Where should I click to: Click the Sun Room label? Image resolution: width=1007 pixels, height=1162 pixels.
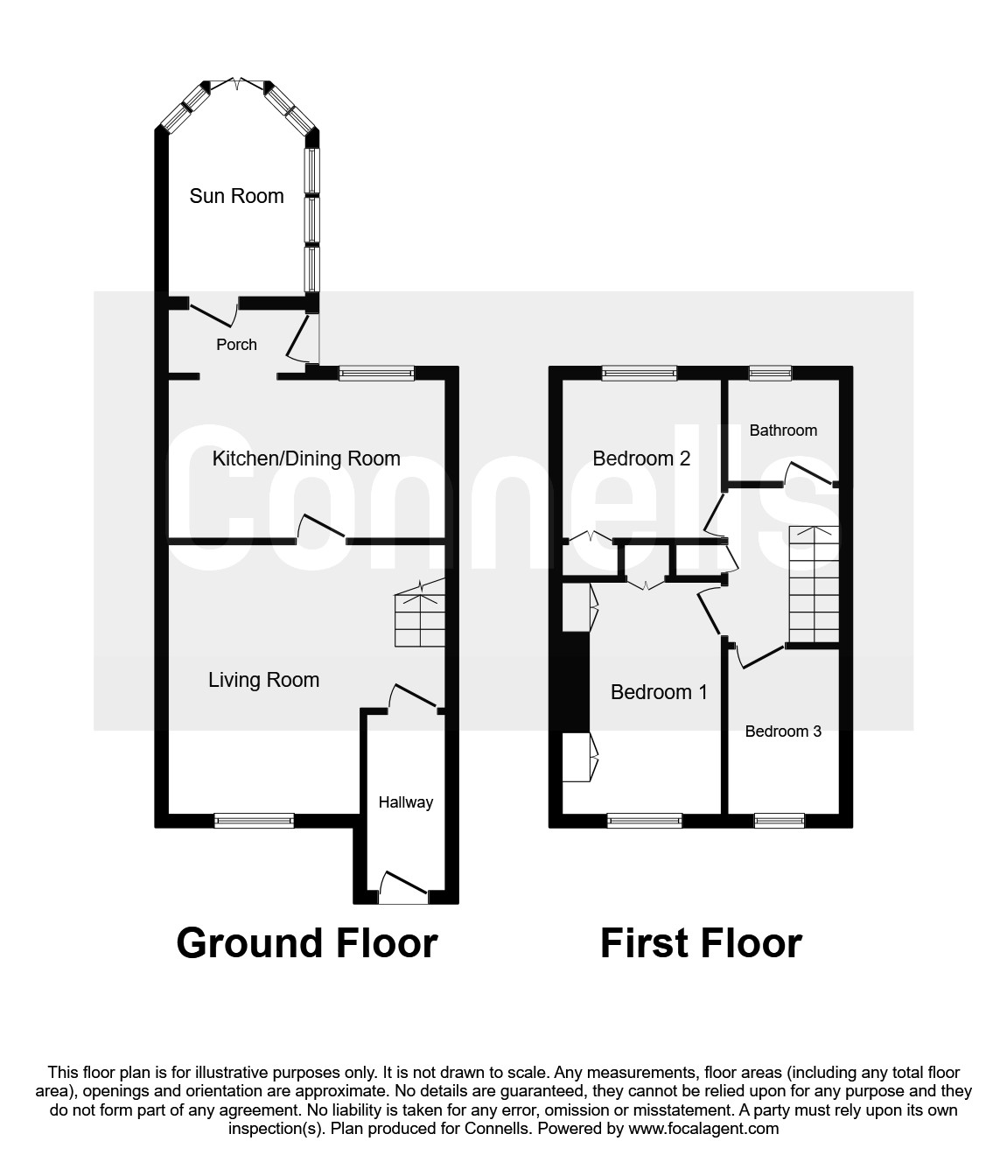pyautogui.click(x=236, y=196)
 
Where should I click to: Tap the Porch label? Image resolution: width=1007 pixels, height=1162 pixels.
pyautogui.click(x=236, y=345)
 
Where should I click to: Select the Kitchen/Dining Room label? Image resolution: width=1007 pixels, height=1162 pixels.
pyautogui.click(x=306, y=458)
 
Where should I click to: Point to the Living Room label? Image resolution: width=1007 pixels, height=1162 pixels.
pyautogui.click(x=263, y=680)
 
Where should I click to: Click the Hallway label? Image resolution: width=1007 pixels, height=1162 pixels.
pyautogui.click(x=405, y=801)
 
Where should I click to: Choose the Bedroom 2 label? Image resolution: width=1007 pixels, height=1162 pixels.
pyautogui.click(x=641, y=458)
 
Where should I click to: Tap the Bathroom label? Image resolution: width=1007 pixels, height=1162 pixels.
pyautogui.click(x=783, y=430)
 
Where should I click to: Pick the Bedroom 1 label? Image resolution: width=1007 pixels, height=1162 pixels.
pyautogui.click(x=659, y=692)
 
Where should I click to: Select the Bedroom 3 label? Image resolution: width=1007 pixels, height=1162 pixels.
pyautogui.click(x=783, y=731)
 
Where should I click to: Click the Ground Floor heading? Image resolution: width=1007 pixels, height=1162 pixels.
pyautogui.click(x=307, y=943)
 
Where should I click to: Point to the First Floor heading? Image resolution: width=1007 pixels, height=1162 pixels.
pyautogui.click(x=701, y=943)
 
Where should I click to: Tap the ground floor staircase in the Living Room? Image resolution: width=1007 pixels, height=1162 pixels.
pyautogui.click(x=420, y=617)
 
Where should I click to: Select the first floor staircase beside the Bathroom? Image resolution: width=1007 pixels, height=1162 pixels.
pyautogui.click(x=815, y=584)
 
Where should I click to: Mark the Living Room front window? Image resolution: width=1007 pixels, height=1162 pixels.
pyautogui.click(x=255, y=820)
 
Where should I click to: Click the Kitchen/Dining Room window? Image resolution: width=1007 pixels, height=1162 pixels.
pyautogui.click(x=376, y=374)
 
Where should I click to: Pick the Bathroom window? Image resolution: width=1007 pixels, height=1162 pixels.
pyautogui.click(x=770, y=374)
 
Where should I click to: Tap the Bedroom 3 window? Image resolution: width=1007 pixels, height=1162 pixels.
pyautogui.click(x=779, y=820)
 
